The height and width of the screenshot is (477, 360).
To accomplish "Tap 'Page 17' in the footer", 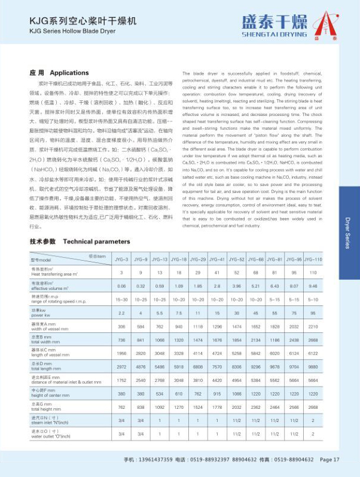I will pyautogui.click(x=330, y=460).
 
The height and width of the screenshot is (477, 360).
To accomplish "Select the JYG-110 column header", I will pyautogui.click(x=313, y=259).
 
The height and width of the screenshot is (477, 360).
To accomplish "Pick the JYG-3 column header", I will pyautogui.click(x=121, y=259).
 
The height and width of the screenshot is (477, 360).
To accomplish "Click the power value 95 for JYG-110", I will pyautogui.click(x=313, y=313).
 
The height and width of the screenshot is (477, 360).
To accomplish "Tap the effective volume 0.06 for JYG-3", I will pyautogui.click(x=121, y=286).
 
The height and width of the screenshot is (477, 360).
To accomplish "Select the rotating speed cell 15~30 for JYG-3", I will pyautogui.click(x=121, y=299).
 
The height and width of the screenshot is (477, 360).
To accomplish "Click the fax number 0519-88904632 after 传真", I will pyautogui.click(x=289, y=460).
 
